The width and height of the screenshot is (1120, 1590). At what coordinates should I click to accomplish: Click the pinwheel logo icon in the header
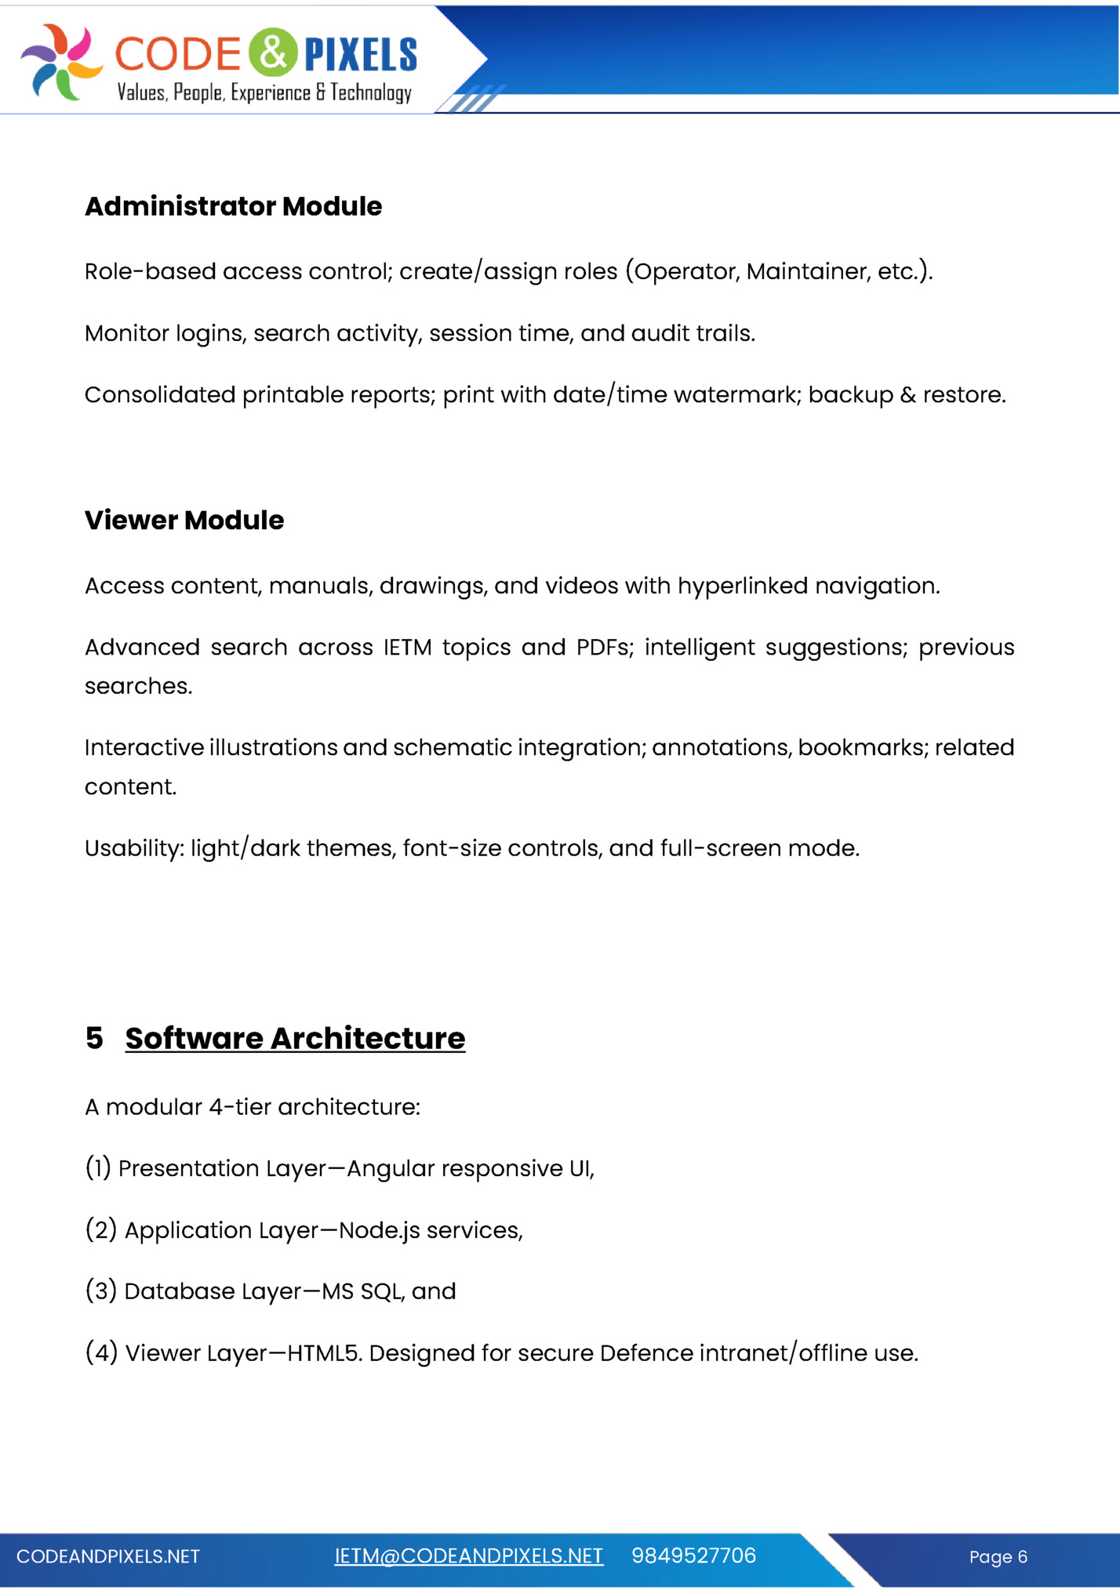tap(61, 62)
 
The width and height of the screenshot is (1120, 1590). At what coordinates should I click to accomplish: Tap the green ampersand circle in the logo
tap(273, 53)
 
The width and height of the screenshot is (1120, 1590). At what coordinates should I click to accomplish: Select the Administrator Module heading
tap(233, 206)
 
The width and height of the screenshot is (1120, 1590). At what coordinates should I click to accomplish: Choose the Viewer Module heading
tap(184, 520)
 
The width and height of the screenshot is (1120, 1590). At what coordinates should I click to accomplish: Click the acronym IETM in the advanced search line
tap(407, 648)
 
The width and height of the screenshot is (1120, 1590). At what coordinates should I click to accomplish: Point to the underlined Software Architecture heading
tap(295, 1038)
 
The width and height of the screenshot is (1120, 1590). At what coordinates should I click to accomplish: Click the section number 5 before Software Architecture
tap(94, 1038)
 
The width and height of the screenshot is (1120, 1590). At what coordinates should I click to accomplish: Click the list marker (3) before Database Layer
tap(101, 1291)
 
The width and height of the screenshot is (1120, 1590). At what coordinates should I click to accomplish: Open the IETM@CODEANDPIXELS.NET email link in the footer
tap(468, 1556)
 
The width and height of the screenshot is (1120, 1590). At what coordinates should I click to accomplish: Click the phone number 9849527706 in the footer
tap(693, 1556)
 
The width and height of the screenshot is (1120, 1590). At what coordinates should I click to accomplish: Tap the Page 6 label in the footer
tap(998, 1557)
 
